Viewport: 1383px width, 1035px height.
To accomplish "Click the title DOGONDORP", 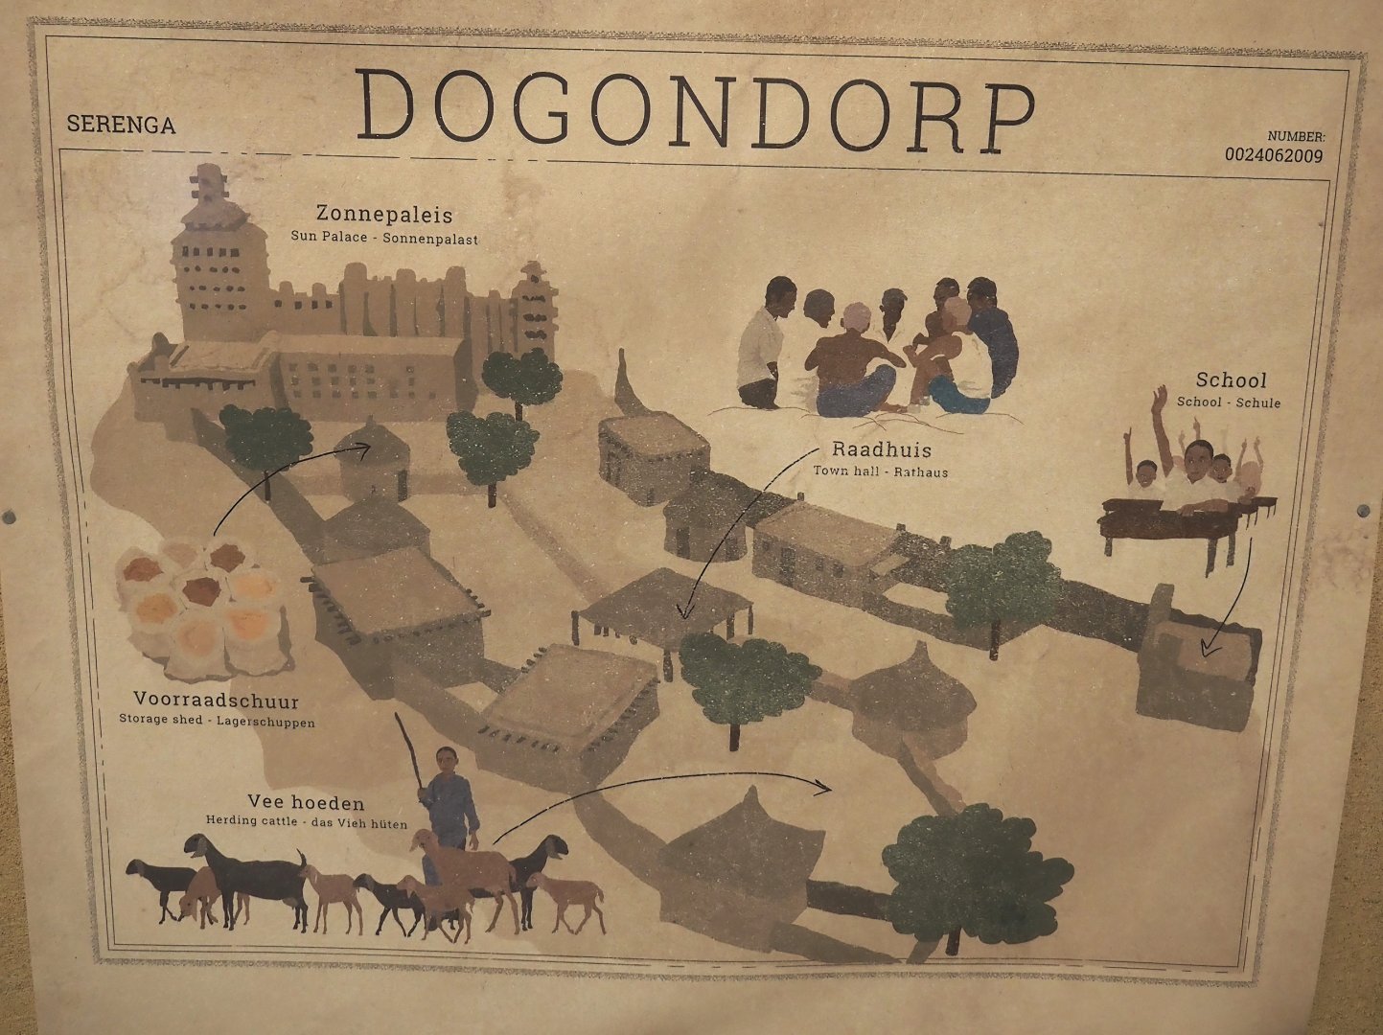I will click(699, 108).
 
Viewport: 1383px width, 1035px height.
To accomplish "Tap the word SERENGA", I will click(121, 125).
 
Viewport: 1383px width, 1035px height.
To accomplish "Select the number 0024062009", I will click(1274, 155).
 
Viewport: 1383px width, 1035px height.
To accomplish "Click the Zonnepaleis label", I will click(384, 215).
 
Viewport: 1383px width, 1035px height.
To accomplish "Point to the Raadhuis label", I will click(881, 449).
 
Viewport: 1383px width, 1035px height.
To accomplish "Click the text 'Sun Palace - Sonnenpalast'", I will click(384, 237).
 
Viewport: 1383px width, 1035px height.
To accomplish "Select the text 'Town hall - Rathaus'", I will click(881, 471).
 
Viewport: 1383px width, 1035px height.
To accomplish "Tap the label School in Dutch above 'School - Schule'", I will click(1231, 380).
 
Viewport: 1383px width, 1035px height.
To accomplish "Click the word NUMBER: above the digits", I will click(1296, 137).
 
